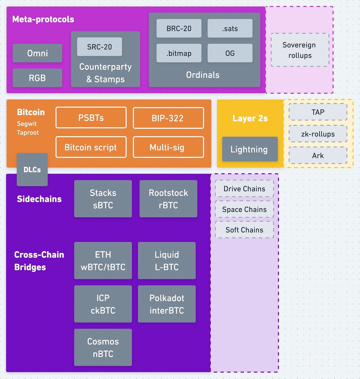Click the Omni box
tap(37, 53)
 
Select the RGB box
tap(37, 78)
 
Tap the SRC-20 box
tap(100, 47)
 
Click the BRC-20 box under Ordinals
tap(179, 28)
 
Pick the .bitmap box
tap(179, 53)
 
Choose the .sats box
tap(230, 28)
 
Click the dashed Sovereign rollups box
tap(300, 50)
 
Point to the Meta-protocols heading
tap(43, 19)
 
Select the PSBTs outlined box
tap(91, 118)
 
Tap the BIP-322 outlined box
tap(168, 118)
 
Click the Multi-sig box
tap(168, 147)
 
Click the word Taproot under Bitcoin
tap(28, 133)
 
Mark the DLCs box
tap(32, 170)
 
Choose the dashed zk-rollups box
tap(318, 134)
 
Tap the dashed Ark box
tap(318, 156)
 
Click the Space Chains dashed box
tap(244, 209)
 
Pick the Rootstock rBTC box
tap(168, 199)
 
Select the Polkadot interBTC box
tap(167, 304)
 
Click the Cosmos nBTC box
tap(103, 347)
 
